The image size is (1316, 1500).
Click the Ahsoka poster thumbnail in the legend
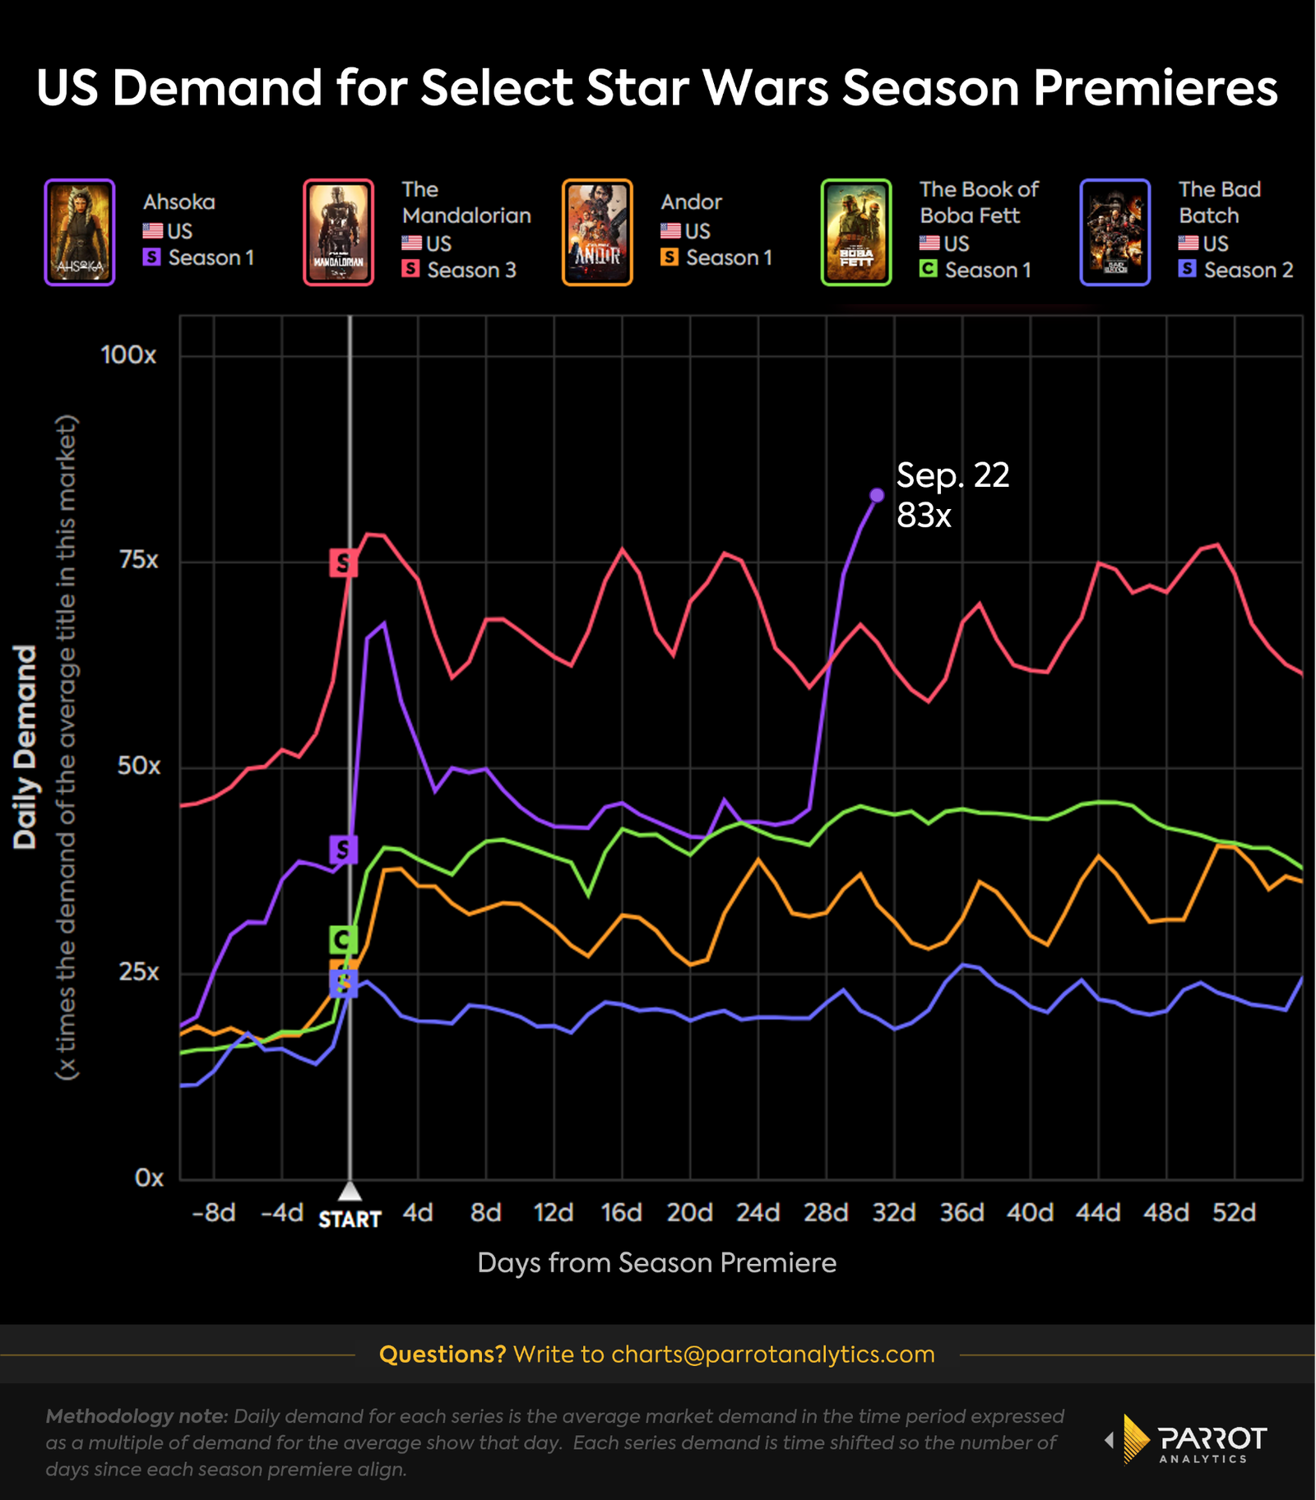79,232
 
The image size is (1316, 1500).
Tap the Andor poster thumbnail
597,232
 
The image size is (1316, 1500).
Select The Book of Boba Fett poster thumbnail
856,232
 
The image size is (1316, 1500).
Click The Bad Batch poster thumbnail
1114,232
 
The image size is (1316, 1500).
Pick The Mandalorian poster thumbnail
338,232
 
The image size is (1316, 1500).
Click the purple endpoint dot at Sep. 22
877,495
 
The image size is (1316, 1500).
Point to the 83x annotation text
924,516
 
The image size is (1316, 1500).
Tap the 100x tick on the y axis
128,355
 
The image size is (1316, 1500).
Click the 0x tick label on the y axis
149,1178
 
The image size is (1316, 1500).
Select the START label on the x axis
350,1219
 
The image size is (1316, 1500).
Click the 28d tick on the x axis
826,1213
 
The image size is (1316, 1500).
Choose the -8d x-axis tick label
214,1213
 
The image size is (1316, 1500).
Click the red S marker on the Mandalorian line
343,563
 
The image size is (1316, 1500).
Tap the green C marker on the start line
343,938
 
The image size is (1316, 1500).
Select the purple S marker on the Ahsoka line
343,849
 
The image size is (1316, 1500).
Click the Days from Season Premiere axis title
656,1262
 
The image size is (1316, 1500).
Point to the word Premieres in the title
1155,88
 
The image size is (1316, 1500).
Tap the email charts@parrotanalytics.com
772,1354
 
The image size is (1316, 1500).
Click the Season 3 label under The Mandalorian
471,270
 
